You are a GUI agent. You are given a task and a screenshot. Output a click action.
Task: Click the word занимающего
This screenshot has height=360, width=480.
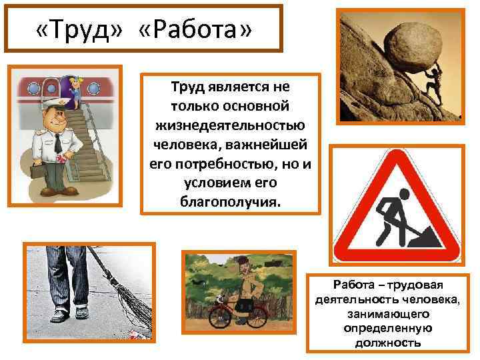tap(387, 313)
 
